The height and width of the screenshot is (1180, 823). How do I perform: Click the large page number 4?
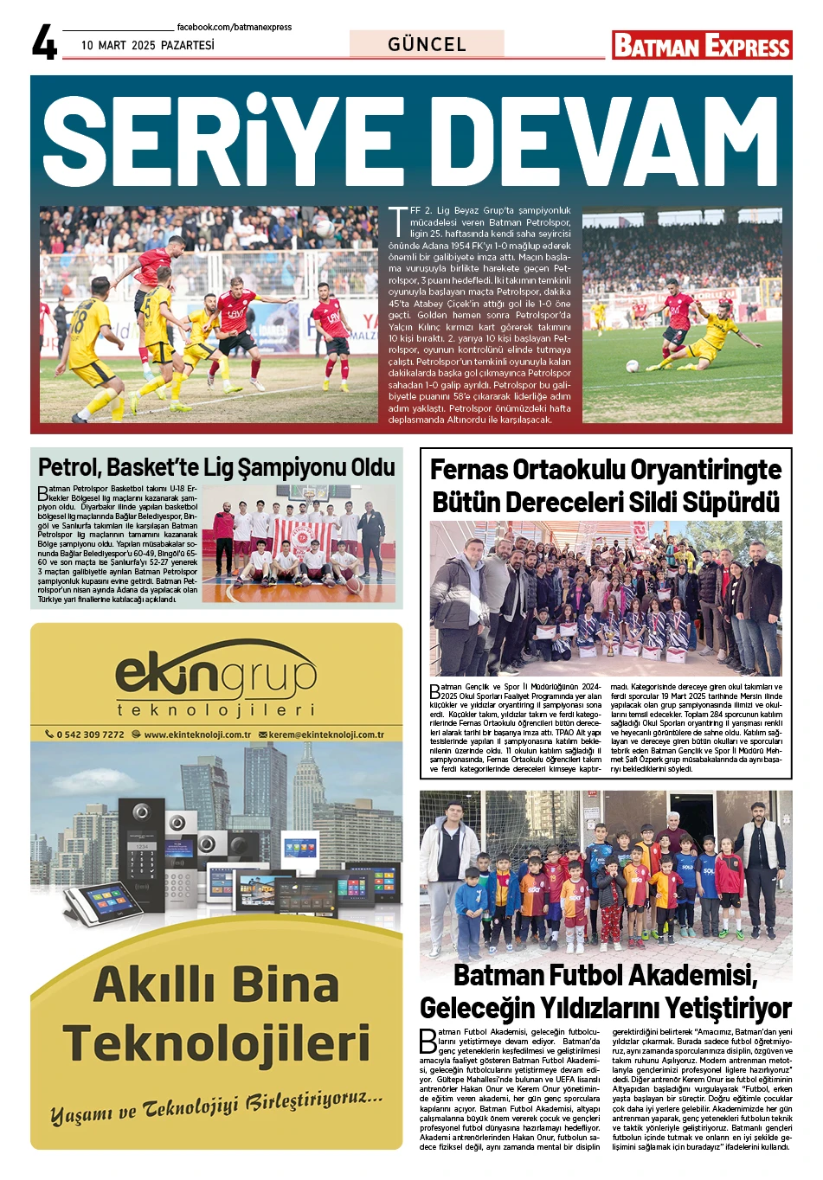pos(44,42)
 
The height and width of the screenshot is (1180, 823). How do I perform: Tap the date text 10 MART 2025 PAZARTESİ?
pos(147,45)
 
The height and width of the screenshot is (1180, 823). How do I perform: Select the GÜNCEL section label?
pos(427,44)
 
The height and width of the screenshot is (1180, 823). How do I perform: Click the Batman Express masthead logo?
pos(702,45)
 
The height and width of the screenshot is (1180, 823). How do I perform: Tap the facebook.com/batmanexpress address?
pos(234,27)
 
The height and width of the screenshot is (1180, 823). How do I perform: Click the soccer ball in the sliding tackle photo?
pos(633,366)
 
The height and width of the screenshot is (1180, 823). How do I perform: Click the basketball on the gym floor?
pos(353,586)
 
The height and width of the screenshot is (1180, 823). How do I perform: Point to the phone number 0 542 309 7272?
pos(89,734)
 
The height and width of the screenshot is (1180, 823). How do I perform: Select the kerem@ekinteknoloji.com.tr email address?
pos(326,734)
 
